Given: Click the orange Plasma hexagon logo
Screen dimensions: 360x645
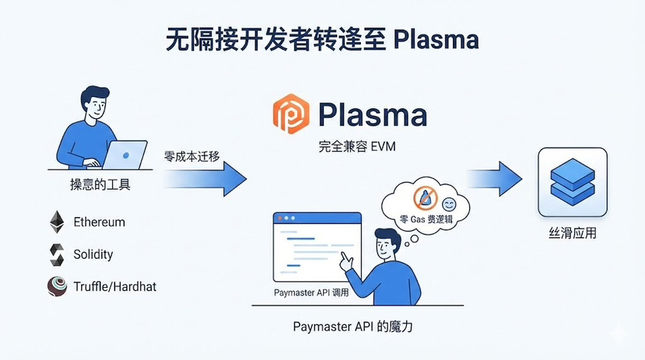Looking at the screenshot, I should [291, 115].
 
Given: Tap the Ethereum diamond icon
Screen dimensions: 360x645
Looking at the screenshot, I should [56, 222].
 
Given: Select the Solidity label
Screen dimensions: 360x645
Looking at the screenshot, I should [93, 254].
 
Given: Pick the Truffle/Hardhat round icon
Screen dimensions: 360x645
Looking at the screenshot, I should [57, 286].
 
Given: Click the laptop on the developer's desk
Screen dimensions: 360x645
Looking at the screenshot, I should [124, 155].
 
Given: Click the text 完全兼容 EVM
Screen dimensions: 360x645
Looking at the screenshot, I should [350, 146].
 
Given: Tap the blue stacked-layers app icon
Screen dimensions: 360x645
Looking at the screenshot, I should [572, 182].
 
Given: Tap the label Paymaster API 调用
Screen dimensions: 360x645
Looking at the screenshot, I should [311, 293].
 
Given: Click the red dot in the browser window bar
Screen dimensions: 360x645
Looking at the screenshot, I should [279, 220].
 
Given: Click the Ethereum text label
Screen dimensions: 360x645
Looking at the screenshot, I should [99, 222].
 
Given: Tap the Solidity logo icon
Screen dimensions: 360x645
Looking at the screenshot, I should [56, 254].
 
